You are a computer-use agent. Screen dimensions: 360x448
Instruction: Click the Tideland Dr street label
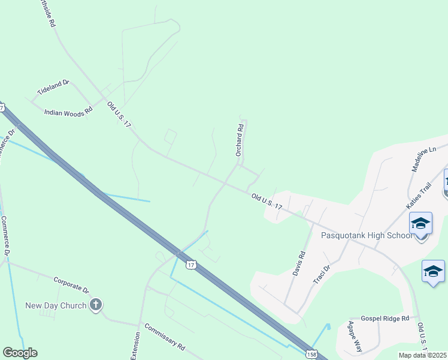[54, 87]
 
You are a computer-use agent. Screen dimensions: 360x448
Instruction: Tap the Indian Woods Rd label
[69, 111]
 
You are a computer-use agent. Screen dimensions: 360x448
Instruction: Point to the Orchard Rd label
[239, 140]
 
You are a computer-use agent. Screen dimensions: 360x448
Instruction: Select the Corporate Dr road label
[71, 284]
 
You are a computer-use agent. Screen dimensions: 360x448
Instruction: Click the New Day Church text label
[56, 305]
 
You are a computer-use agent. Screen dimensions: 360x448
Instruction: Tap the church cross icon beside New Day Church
[96, 305]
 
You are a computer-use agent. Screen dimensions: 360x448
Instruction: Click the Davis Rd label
[299, 263]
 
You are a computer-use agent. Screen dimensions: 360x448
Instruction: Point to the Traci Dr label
[322, 274]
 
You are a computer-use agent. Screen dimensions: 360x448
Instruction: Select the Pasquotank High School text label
[367, 235]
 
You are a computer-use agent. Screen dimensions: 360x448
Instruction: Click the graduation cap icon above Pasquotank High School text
[420, 224]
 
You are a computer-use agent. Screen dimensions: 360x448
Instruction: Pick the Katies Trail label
[419, 196]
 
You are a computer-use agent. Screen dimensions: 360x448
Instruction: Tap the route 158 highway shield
[311, 355]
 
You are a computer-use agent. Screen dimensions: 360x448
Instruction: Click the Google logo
[20, 353]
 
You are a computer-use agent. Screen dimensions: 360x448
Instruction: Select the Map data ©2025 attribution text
[422, 355]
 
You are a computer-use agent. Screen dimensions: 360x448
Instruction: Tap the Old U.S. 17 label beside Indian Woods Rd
[119, 114]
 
